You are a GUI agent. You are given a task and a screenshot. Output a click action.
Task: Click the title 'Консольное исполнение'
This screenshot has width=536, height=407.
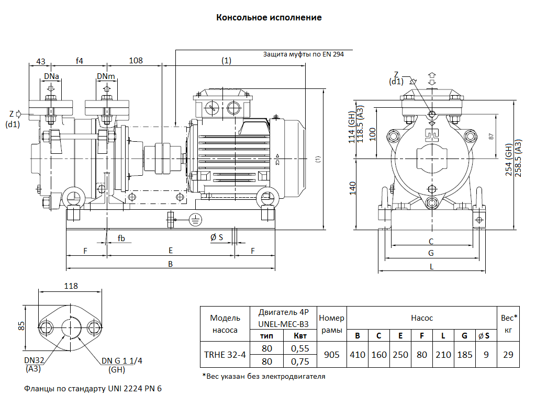coord(269,18)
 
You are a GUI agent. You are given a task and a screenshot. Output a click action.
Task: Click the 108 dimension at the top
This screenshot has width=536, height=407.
coord(136,61)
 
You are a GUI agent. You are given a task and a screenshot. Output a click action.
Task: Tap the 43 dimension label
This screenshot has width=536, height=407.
coord(41,61)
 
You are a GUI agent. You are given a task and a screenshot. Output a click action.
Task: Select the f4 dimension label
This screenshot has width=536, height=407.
coord(80,61)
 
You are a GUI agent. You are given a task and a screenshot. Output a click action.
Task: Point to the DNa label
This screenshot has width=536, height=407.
coord(51,77)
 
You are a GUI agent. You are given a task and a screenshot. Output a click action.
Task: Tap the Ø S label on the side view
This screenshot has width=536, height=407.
coord(217,238)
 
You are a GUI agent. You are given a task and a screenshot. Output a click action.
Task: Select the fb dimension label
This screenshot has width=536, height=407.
coord(121,239)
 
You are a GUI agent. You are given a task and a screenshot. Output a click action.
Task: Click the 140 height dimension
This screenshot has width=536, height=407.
coord(353,187)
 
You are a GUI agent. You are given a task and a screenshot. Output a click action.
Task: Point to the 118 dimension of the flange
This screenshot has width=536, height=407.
coord(71,286)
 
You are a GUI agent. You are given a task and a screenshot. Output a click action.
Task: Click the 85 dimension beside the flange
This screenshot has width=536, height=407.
coord(21,325)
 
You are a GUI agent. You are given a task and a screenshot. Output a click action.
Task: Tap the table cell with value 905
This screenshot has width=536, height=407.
coord(332,355)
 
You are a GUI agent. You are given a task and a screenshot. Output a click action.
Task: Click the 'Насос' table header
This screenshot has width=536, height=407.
coord(422,318)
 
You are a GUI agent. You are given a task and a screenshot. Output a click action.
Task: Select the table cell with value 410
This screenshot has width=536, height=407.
coord(358,355)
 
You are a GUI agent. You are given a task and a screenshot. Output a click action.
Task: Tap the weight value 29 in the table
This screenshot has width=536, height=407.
coord(508,355)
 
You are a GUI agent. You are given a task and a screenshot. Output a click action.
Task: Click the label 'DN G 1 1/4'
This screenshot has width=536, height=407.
coord(122,360)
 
